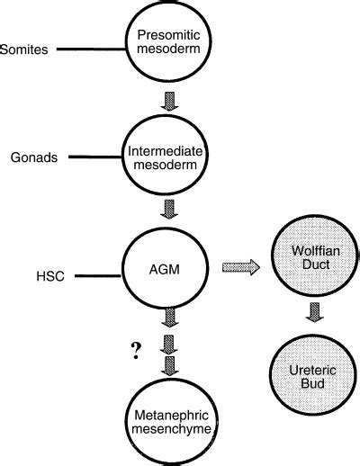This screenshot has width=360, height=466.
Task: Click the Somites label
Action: (24, 49)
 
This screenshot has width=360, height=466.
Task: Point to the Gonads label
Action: (34, 157)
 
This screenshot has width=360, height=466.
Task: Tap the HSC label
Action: (50, 276)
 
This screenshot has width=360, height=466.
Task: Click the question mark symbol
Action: (136, 350)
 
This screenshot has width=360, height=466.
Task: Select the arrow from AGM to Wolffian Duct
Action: (241, 267)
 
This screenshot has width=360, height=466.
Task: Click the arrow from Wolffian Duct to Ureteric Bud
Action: (315, 312)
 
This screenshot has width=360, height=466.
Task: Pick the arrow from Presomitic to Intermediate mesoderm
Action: (169, 102)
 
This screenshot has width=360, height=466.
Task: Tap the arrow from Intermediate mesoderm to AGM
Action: (169, 209)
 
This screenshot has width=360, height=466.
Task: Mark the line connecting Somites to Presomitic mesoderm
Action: (91, 49)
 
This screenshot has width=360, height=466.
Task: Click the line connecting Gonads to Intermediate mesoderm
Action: (95, 157)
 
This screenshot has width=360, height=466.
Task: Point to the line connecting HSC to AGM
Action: (98, 275)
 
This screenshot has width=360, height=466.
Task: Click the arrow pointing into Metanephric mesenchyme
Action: (170, 366)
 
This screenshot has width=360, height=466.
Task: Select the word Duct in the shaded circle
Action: (316, 264)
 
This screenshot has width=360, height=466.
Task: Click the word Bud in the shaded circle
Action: (312, 383)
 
